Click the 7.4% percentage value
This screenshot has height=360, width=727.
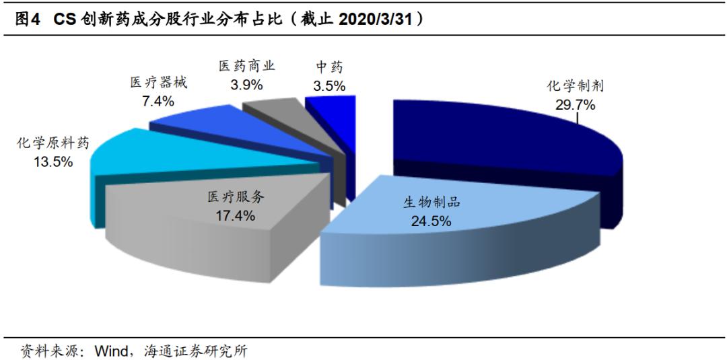click(156, 101)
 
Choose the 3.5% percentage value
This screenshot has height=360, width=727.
click(329, 85)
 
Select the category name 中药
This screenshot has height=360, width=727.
click(329, 67)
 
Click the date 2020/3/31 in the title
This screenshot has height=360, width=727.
click(374, 20)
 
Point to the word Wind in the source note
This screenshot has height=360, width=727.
click(109, 350)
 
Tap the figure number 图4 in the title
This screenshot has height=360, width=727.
click(26, 20)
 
